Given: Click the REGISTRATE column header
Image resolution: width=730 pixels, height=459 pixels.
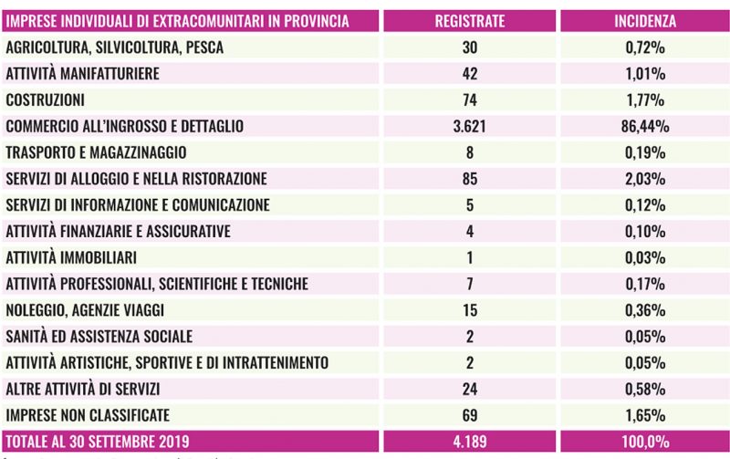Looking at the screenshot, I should tap(469, 20).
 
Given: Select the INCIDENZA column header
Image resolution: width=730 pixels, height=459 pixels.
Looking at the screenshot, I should tap(645, 20).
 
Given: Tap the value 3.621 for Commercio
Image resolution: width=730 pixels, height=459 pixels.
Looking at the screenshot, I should tap(469, 126).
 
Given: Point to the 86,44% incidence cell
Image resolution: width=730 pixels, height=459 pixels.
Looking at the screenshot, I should tap(645, 126).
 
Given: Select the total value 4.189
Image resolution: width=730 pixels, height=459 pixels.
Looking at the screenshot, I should tap(469, 442).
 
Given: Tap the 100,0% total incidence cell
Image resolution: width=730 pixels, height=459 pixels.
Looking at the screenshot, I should tap(645, 442).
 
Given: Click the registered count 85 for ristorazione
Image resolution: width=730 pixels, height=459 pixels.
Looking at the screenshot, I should tap(469, 179).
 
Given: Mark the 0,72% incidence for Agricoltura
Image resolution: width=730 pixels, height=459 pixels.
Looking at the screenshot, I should tap(645, 47).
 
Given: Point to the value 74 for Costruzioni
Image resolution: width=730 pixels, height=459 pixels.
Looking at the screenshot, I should tap(469, 99).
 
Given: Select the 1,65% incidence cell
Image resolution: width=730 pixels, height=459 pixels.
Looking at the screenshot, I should tap(645, 415).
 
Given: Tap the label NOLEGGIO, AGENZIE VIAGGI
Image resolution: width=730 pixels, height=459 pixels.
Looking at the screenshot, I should tap(86, 310).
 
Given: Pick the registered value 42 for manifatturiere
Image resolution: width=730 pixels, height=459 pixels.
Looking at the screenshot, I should tap(469, 73).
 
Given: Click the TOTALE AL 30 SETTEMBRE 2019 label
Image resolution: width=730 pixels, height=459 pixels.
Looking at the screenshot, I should tap(97, 442).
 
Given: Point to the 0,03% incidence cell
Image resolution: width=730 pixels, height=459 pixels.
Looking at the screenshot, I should tap(645, 257).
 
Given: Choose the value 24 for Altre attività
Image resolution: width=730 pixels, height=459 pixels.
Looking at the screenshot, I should tap(469, 389).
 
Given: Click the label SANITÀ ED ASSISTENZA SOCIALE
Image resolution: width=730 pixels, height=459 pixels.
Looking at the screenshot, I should tap(99, 337).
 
